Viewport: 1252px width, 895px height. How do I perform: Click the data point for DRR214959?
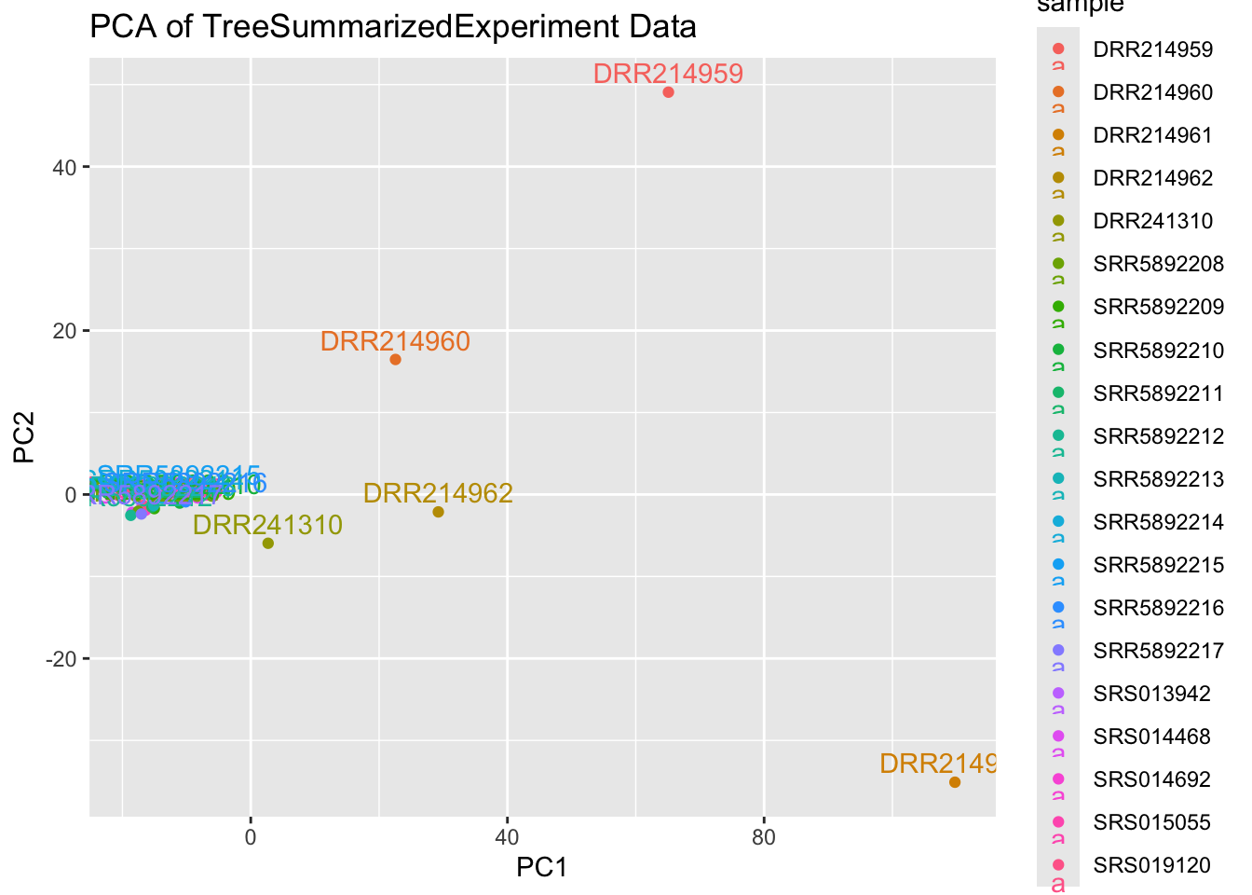(x=668, y=92)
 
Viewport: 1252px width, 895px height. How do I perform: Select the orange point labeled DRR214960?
(x=395, y=360)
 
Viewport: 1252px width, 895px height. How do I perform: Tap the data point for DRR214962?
(x=438, y=512)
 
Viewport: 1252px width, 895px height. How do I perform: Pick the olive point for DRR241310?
(x=268, y=544)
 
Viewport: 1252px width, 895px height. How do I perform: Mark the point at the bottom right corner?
(x=955, y=782)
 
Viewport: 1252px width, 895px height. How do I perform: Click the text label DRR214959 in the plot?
(x=668, y=74)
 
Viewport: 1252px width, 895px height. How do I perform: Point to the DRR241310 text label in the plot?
(x=267, y=525)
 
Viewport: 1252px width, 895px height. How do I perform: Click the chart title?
(x=392, y=26)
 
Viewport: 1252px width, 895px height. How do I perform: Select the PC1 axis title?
(x=542, y=868)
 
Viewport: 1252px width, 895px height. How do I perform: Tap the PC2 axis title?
(x=24, y=438)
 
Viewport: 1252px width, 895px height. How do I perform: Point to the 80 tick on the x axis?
(x=763, y=837)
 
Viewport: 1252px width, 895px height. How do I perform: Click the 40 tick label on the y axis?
(x=65, y=167)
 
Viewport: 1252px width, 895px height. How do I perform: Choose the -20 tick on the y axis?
(x=61, y=659)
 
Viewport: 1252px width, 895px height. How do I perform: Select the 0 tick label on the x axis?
(x=250, y=837)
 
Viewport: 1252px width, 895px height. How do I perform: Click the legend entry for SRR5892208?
(x=1158, y=264)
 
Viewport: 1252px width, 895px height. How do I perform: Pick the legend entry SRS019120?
(x=1151, y=865)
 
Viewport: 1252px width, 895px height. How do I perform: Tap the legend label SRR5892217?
(x=1158, y=651)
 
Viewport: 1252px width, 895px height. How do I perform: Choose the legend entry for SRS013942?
(x=1151, y=694)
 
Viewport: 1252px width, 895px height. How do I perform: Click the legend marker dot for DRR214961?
(x=1058, y=135)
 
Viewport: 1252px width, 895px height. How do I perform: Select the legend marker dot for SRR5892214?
(x=1058, y=521)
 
